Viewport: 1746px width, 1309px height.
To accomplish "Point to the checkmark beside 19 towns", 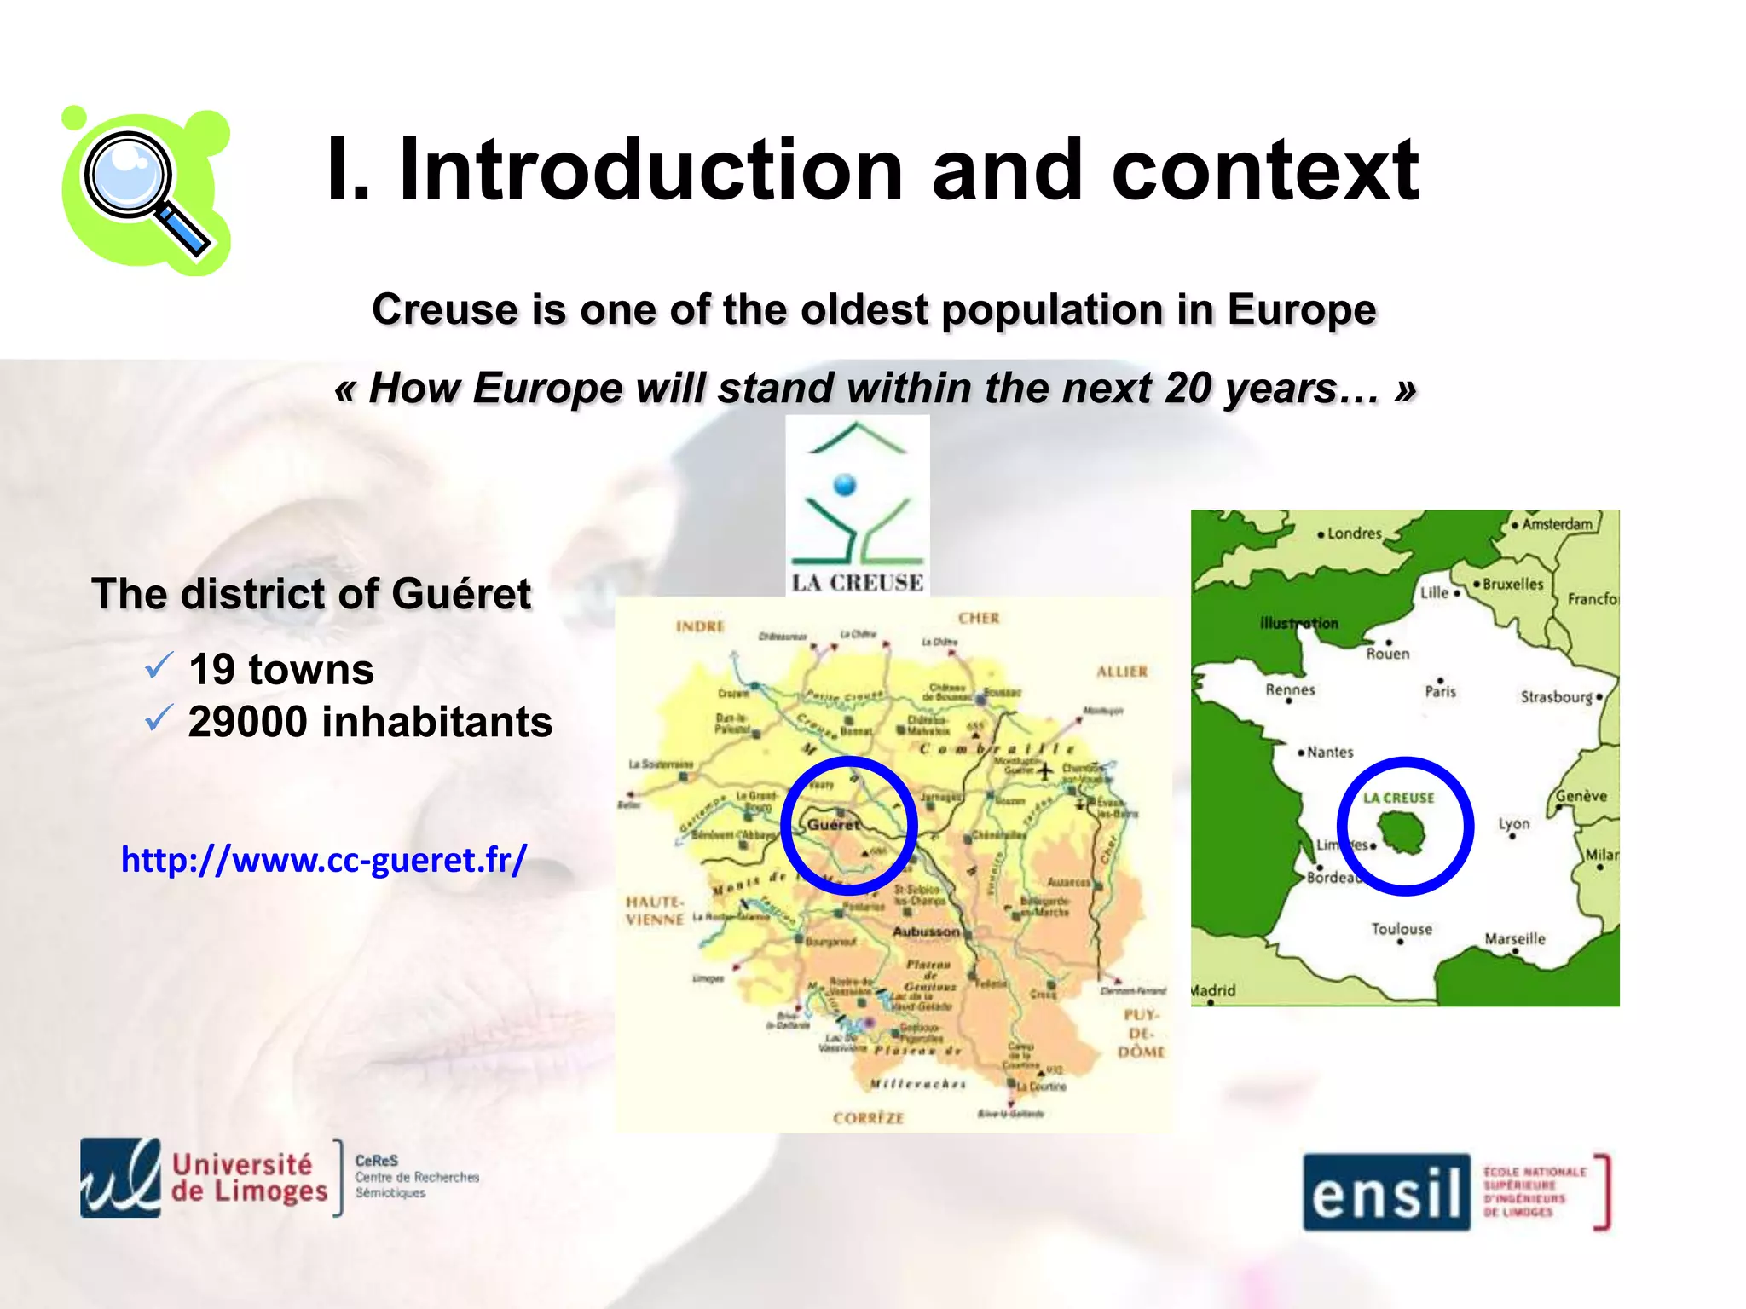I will click(159, 666).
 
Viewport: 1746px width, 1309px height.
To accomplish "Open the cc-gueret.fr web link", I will click(324, 859).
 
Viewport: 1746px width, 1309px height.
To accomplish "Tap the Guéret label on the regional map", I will click(833, 824).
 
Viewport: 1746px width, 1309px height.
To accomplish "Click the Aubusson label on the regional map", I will click(925, 931).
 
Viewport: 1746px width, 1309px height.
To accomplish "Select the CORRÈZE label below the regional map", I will click(868, 1117).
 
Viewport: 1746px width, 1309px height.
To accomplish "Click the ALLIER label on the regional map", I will click(1122, 672).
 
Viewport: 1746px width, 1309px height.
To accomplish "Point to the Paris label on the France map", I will click(1441, 691).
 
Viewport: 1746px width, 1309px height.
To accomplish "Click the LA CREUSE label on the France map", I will click(1398, 798).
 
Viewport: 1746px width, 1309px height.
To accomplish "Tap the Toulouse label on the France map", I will click(1402, 929).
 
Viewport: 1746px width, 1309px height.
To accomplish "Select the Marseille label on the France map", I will click(1514, 938).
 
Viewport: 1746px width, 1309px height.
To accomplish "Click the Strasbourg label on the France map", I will click(1556, 696).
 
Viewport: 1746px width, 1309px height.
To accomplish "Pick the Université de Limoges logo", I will click(205, 1178).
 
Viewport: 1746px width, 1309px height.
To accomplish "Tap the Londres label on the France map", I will click(1354, 533).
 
